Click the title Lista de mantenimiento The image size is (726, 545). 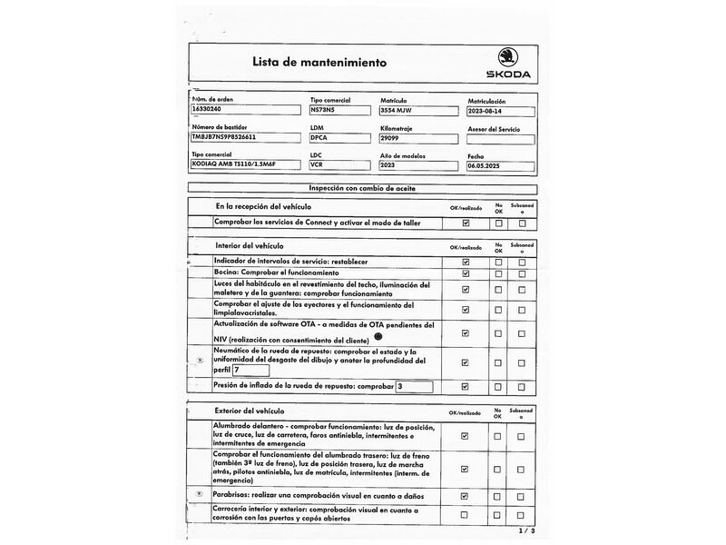(x=319, y=63)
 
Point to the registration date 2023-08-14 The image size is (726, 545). (x=500, y=112)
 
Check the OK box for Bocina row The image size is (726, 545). (x=466, y=272)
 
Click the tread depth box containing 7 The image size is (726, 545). (x=250, y=370)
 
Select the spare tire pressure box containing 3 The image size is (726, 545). (x=413, y=386)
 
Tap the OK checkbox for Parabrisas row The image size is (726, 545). (x=466, y=496)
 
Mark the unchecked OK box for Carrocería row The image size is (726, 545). (x=466, y=515)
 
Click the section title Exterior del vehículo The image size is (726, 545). (x=250, y=411)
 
